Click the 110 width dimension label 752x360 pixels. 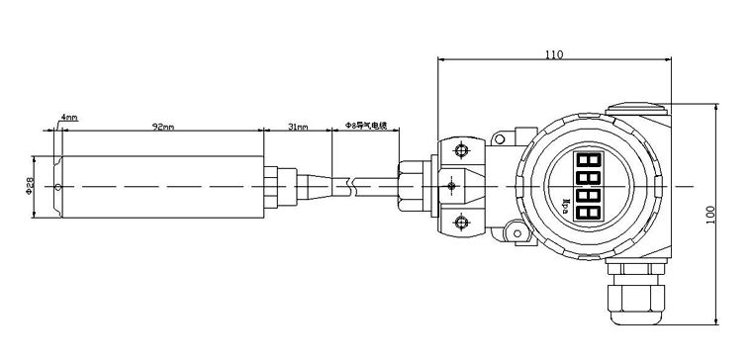pos(554,54)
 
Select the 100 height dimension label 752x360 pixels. pos(710,215)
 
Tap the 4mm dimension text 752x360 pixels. pos(68,118)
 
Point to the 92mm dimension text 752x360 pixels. pos(163,127)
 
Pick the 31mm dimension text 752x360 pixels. pos(298,127)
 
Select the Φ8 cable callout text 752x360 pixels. pos(366,126)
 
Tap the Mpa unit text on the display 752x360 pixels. pos(566,204)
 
